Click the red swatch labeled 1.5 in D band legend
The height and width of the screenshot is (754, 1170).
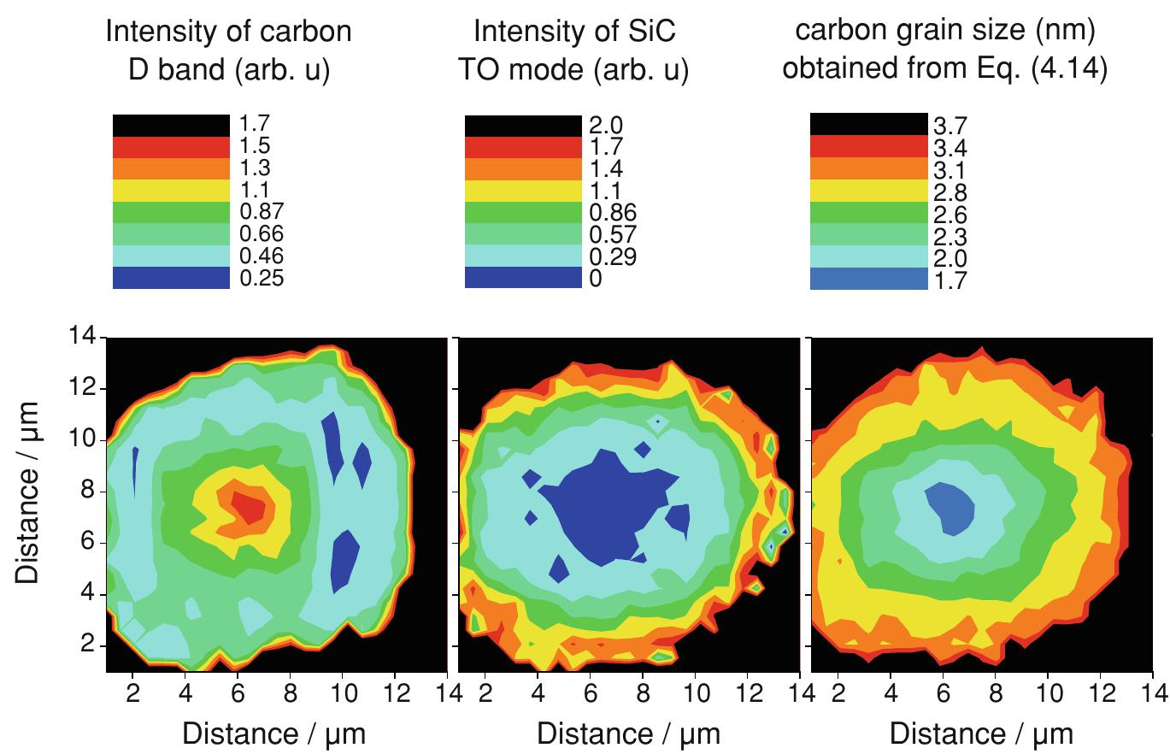pos(171,146)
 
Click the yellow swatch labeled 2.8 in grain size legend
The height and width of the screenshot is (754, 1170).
pos(868,190)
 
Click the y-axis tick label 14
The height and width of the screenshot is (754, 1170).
pos(83,339)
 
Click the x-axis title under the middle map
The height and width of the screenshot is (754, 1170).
pos(629,733)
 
